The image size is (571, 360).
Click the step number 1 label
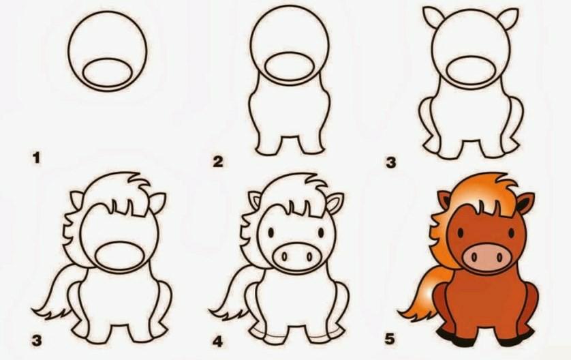click(x=36, y=158)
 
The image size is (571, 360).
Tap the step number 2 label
click(x=218, y=162)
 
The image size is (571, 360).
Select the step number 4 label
click(x=218, y=342)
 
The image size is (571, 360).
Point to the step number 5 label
click(x=390, y=340)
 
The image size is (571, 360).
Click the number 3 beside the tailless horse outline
click(x=390, y=162)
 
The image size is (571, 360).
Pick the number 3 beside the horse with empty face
click(x=36, y=341)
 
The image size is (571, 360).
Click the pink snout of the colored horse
click(x=484, y=256)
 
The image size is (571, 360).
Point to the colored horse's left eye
click(x=461, y=232)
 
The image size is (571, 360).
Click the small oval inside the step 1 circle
click(x=107, y=73)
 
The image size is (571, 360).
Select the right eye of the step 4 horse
click(x=321, y=232)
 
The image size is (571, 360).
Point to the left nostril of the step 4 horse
click(x=285, y=257)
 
